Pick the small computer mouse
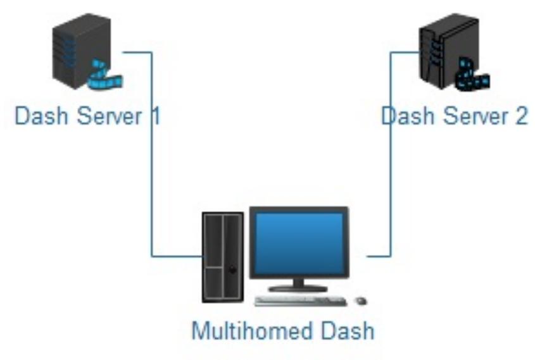pyautogui.click(x=362, y=301)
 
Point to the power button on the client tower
pyautogui.click(x=232, y=270)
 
